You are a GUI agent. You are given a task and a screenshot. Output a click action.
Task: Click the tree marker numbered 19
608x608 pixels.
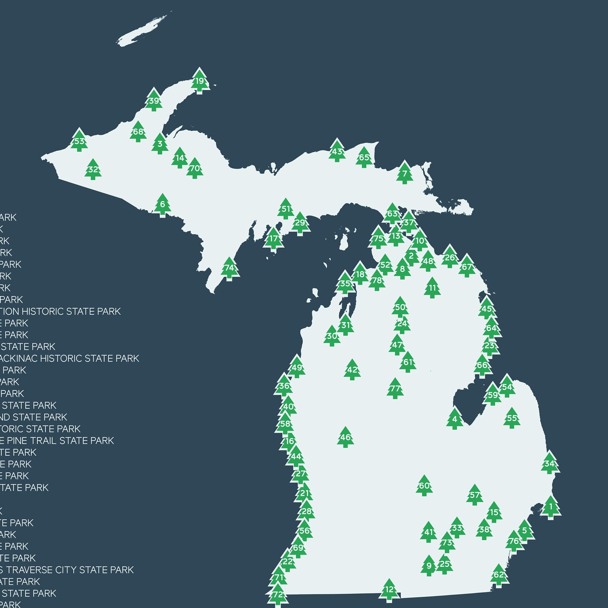200,81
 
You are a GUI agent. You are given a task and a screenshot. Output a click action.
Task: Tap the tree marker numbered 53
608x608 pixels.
79,141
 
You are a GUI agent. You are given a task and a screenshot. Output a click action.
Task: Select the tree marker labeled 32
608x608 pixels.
93,170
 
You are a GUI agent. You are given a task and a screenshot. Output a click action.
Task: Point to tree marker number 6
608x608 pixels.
162,204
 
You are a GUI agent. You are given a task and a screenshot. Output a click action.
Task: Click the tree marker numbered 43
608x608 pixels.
337,151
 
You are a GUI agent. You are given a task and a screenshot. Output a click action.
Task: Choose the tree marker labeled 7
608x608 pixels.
404,174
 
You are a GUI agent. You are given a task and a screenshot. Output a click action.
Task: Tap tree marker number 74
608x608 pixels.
230,268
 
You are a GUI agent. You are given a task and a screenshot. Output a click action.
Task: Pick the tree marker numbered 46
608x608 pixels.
345,438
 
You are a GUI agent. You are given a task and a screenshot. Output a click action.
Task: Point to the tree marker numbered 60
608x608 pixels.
424,486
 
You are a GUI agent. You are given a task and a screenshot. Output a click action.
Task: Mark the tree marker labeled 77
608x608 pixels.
395,389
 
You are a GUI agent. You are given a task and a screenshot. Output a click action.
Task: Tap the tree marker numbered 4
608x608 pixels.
455,419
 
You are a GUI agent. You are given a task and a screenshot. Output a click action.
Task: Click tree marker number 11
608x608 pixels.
432,288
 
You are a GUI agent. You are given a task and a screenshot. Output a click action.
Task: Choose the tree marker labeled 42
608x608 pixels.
352,370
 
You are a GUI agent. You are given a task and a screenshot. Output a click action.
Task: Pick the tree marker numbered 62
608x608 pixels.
498,575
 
